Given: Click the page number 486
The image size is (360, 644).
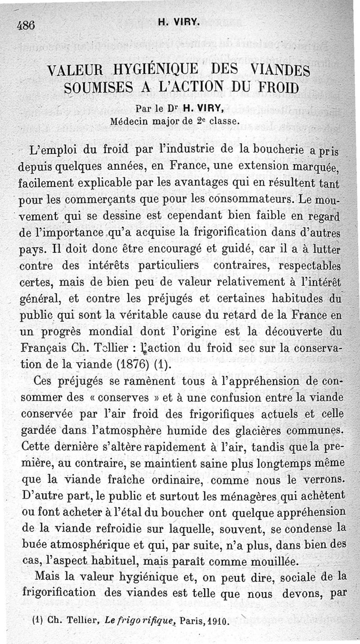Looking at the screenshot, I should pyautogui.click(x=26, y=25).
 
